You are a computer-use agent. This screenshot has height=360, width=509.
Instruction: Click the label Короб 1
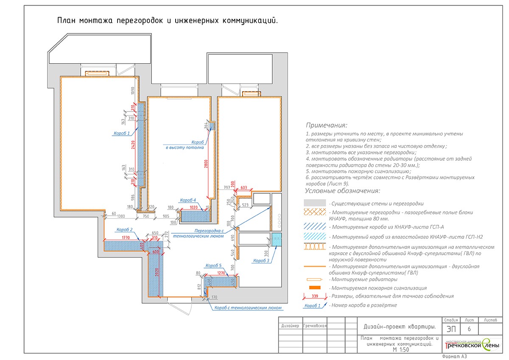[x=121, y=133]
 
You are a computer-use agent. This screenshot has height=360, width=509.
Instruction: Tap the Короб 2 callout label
[x=125, y=230]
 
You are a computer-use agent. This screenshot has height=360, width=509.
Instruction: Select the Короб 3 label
[x=261, y=260]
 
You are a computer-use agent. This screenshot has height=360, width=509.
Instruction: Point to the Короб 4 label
[x=188, y=200]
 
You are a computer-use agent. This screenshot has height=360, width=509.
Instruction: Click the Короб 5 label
[x=213, y=265]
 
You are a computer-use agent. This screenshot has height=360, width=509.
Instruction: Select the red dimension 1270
[x=221, y=273]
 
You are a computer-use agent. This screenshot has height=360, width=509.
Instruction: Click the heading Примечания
[x=326, y=126]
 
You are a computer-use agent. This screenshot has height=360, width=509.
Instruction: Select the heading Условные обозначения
[x=343, y=191]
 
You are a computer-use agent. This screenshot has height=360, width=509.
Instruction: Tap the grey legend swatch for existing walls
[x=314, y=203]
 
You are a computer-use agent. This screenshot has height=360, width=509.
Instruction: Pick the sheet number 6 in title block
[x=469, y=329]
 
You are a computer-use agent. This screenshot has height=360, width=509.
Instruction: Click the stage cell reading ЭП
[x=449, y=329]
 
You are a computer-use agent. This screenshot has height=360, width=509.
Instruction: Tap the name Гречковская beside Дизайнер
[x=315, y=326]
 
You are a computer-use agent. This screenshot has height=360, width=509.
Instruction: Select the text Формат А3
[x=454, y=357]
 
